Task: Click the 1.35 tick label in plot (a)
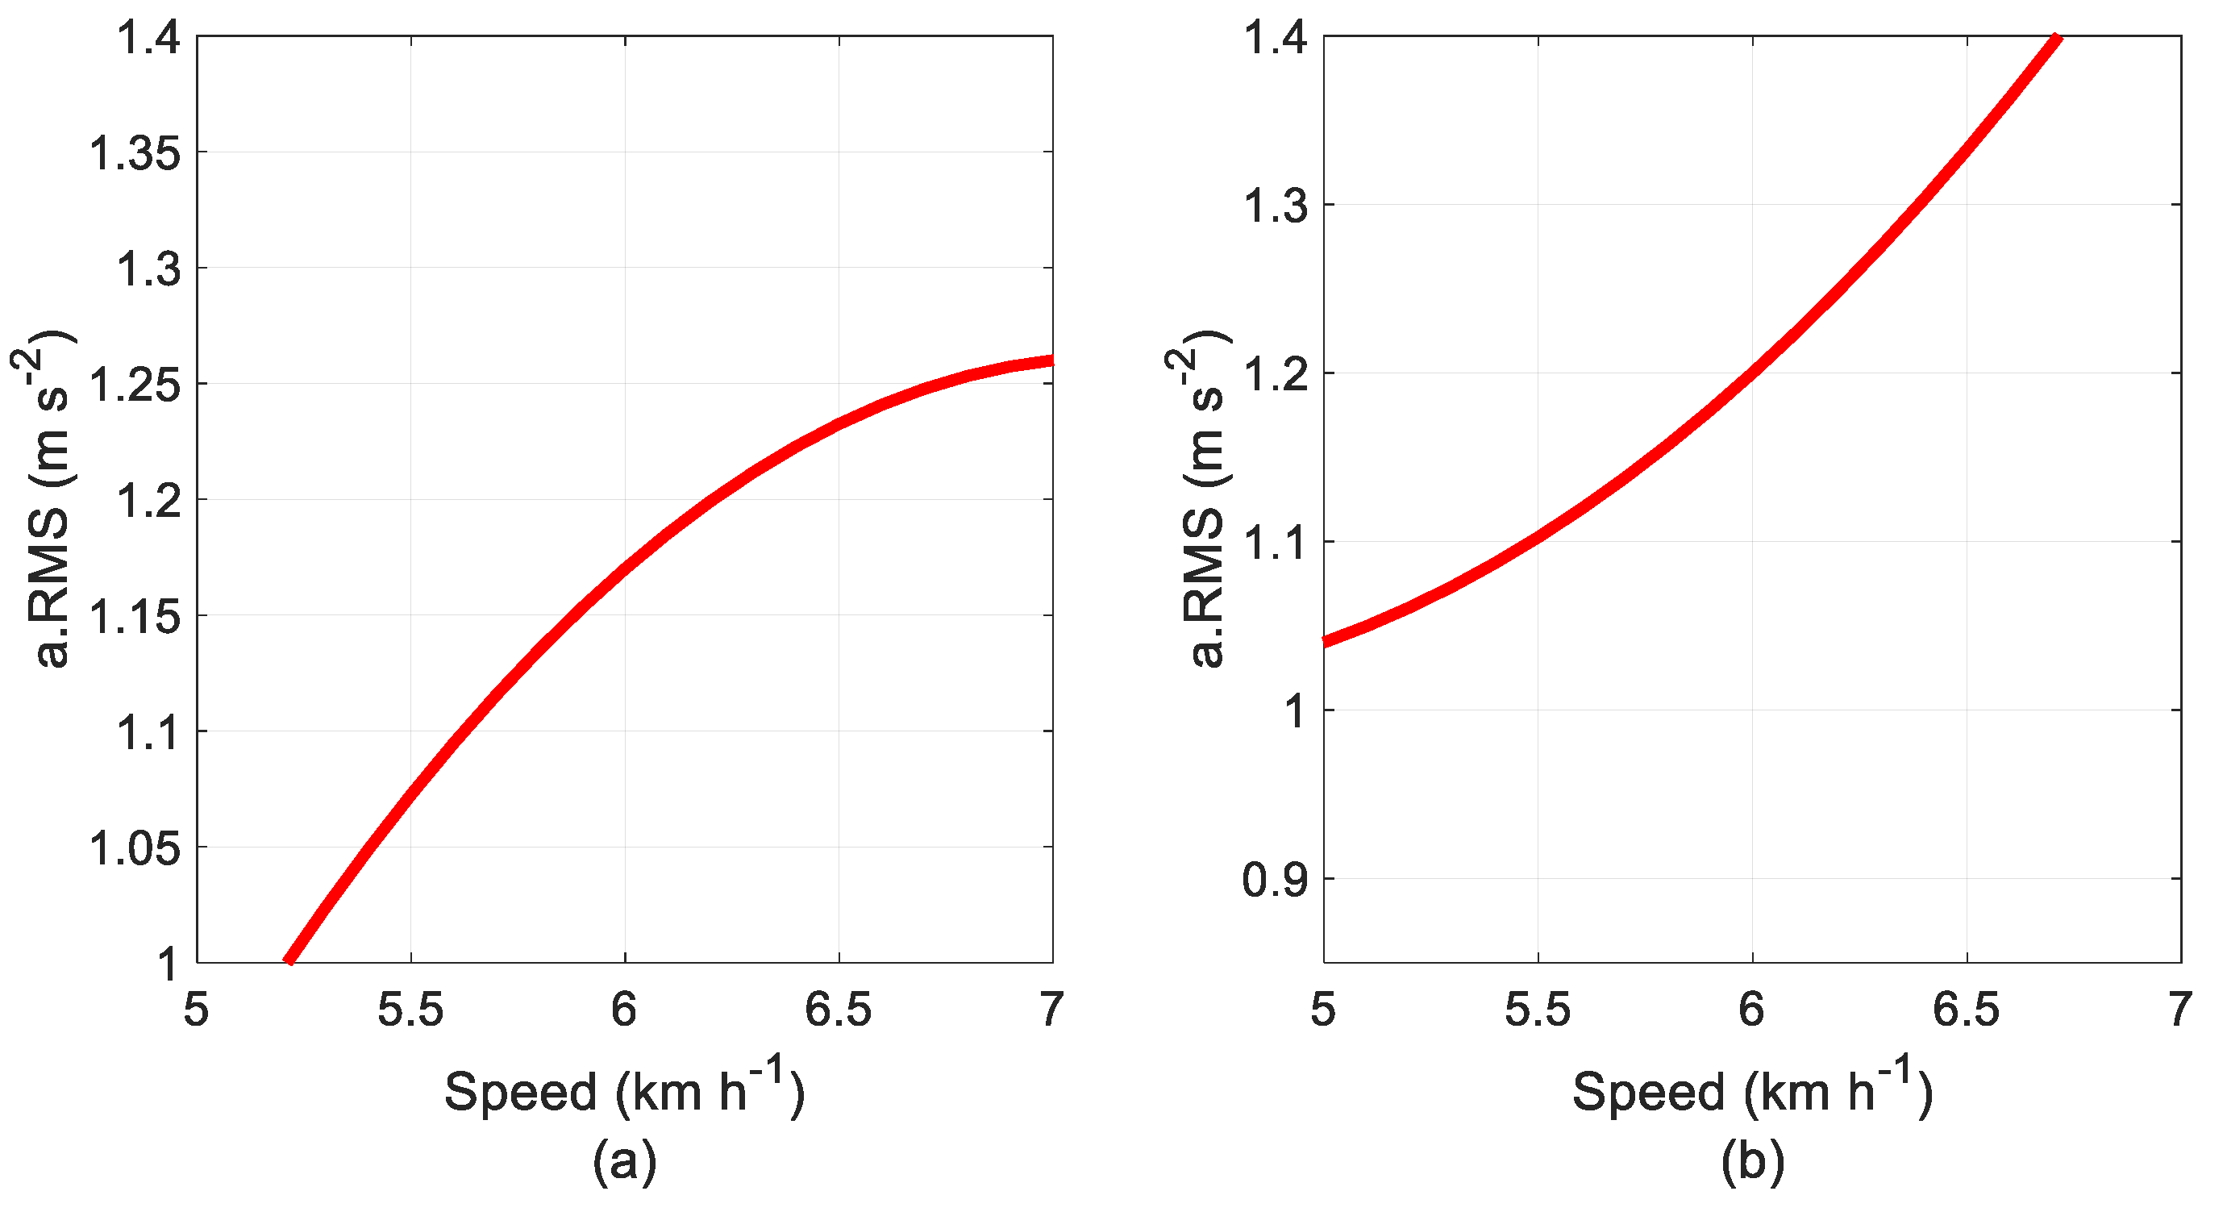[x=135, y=154]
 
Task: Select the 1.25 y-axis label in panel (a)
[x=135, y=385]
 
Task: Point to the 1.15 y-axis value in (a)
[x=135, y=617]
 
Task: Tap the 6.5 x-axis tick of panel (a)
[x=838, y=1009]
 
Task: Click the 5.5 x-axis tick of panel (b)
[x=1537, y=1009]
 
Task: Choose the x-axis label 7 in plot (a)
[x=1051, y=1009]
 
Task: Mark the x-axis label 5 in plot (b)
[x=1322, y=1009]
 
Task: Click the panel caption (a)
[x=624, y=1161]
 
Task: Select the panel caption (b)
[x=1752, y=1161]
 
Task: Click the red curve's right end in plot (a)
[x=1050, y=360]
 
